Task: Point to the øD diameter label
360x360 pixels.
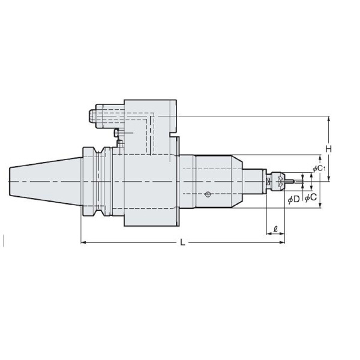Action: (x=294, y=199)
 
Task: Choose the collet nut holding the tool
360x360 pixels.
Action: (x=278, y=180)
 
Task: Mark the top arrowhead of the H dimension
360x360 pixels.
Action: (x=329, y=118)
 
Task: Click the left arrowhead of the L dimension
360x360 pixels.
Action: (x=83, y=242)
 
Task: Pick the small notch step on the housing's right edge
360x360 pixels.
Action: (x=178, y=137)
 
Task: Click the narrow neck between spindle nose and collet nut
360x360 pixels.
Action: (x=265, y=180)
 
